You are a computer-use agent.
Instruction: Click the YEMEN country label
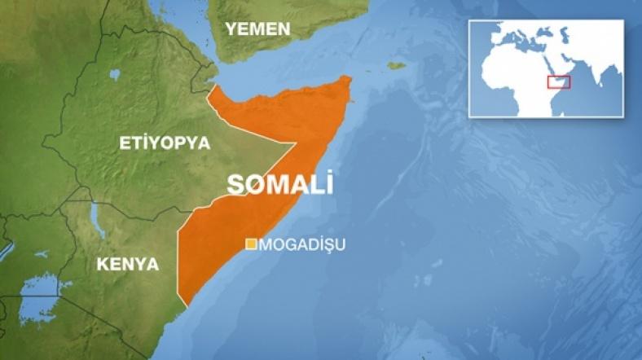coord(258,29)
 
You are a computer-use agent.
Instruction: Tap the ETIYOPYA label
coord(165,143)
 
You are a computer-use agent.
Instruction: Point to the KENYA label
coord(127,264)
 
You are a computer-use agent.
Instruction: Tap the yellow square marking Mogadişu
coord(252,244)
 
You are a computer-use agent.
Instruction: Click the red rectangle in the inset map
coord(558,81)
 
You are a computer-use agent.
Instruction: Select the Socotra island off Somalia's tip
coord(397,65)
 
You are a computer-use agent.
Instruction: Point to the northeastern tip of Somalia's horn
coord(349,79)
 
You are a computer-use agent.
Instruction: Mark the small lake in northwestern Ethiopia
coord(115,74)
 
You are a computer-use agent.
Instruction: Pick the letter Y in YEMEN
coord(231,29)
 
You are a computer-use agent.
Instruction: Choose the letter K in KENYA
coord(102,264)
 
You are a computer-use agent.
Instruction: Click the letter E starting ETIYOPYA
coord(124,143)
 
